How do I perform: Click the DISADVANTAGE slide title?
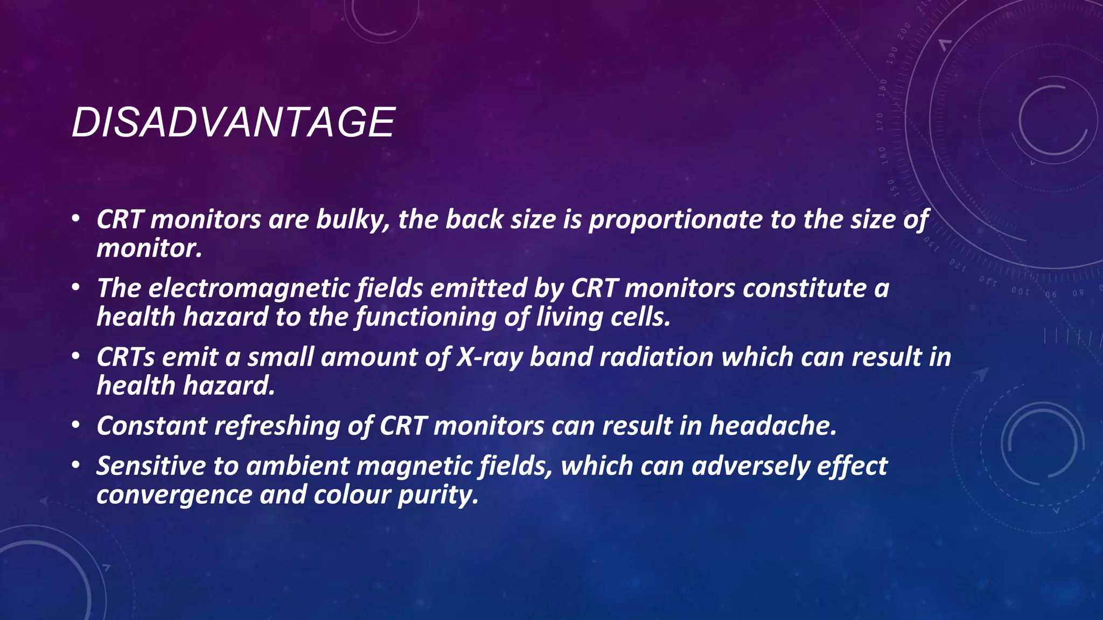233,122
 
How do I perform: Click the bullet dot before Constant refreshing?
76,426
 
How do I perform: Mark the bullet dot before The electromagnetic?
76,288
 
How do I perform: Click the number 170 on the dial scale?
879,122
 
